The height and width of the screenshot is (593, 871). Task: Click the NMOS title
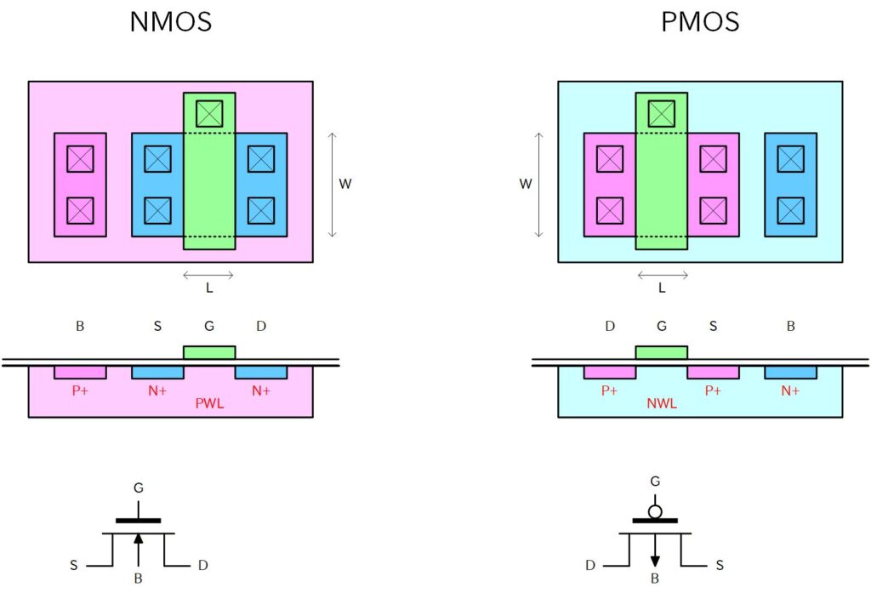pyautogui.click(x=170, y=21)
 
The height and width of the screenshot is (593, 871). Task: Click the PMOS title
pyautogui.click(x=700, y=21)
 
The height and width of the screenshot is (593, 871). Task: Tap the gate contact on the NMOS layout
pyautogui.click(x=209, y=113)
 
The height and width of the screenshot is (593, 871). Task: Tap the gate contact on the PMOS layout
pyautogui.click(x=661, y=113)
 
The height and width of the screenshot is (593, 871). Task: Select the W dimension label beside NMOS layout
pyautogui.click(x=345, y=184)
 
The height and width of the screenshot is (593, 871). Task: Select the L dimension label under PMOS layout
pyautogui.click(x=662, y=288)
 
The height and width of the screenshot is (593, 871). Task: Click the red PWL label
pyautogui.click(x=209, y=403)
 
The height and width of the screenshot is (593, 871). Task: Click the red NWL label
pyautogui.click(x=661, y=403)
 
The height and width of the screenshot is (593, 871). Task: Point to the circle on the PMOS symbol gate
pyautogui.click(x=655, y=512)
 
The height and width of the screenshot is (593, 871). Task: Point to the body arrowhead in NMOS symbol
pyautogui.click(x=139, y=539)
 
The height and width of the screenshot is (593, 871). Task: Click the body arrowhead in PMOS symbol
pyautogui.click(x=655, y=560)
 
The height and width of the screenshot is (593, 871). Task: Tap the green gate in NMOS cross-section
pyautogui.click(x=209, y=352)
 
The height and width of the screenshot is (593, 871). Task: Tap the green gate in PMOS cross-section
pyautogui.click(x=661, y=352)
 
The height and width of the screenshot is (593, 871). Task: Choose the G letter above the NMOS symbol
pyautogui.click(x=139, y=488)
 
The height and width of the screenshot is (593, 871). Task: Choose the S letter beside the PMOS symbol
pyautogui.click(x=720, y=566)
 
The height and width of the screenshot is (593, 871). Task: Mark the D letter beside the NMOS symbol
pyautogui.click(x=202, y=566)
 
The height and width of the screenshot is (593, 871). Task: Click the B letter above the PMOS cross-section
pyautogui.click(x=790, y=326)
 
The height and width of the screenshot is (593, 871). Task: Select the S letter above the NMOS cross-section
pyautogui.click(x=157, y=326)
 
